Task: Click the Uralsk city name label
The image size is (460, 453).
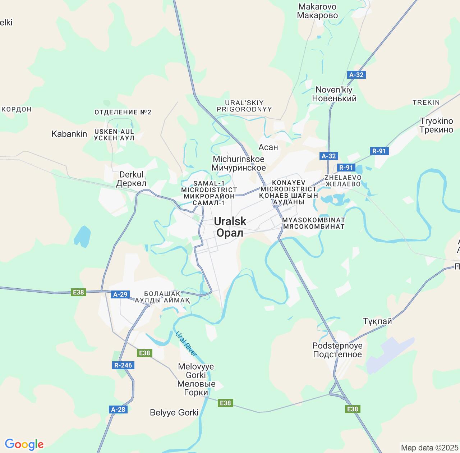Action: point(230,227)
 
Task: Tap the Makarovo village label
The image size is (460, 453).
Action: point(317,11)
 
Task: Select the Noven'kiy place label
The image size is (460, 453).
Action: point(334,94)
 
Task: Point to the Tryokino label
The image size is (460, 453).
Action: point(436,125)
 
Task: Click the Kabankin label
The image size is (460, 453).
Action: point(69,134)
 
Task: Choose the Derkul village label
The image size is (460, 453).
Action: point(131,179)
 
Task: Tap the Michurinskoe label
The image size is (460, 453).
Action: point(239,163)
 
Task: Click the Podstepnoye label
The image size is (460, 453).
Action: point(337,350)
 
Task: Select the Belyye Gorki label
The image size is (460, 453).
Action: point(174,412)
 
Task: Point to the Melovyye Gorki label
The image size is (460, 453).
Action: point(196,379)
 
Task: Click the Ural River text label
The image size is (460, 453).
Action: point(186,344)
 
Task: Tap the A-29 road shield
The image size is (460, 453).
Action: point(120,294)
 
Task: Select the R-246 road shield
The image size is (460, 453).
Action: point(123,365)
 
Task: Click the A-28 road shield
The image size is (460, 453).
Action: point(118,409)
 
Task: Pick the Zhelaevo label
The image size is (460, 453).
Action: point(342,180)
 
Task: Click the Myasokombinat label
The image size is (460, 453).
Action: point(314,223)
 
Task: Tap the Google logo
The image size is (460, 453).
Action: point(24,444)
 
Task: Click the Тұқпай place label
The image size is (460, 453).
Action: point(377,321)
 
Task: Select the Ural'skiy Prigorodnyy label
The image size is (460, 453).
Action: point(244,106)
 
